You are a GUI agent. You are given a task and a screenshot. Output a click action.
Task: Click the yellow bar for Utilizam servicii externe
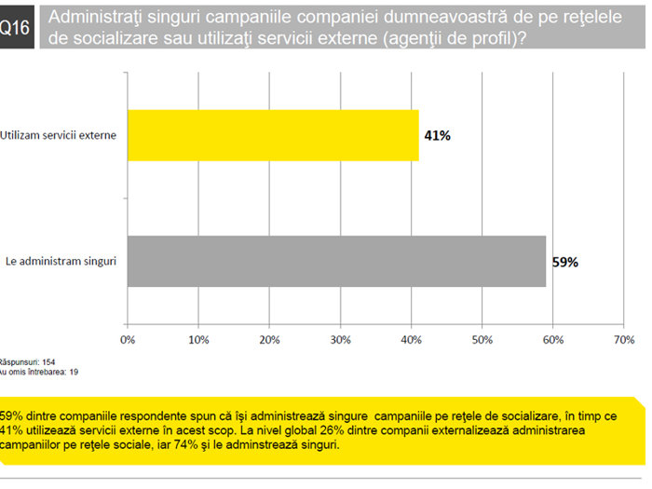click(273, 136)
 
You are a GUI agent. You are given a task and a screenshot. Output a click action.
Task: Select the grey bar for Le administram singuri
click(337, 262)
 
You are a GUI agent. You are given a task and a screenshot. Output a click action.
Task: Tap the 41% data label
click(438, 136)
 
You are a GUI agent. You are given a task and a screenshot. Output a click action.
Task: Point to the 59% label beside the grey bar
click(565, 262)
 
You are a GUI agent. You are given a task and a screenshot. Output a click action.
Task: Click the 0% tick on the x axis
click(128, 340)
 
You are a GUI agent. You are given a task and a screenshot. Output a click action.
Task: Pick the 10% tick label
click(198, 340)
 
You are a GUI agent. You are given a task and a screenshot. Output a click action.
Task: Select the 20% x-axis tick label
click(269, 340)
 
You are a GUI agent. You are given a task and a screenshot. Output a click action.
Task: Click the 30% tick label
click(341, 340)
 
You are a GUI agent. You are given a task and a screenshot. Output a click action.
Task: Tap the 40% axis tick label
click(412, 340)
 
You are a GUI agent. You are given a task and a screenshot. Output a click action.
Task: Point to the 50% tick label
click(482, 340)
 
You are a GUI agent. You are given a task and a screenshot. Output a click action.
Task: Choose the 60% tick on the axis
click(553, 340)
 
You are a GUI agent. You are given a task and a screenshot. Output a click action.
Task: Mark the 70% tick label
click(624, 340)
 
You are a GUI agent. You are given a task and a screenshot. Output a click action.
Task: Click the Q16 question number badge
click(17, 27)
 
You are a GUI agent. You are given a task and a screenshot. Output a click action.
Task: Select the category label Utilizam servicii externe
click(58, 135)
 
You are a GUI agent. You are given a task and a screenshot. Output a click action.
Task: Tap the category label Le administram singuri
click(61, 262)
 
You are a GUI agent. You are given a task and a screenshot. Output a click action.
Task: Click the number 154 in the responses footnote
click(48, 362)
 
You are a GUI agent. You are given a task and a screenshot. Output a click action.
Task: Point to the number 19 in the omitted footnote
click(74, 372)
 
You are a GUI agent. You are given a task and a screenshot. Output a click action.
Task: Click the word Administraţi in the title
click(95, 18)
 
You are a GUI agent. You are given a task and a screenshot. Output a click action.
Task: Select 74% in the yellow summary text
click(185, 444)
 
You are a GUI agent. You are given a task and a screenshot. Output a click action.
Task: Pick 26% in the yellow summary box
click(332, 430)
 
